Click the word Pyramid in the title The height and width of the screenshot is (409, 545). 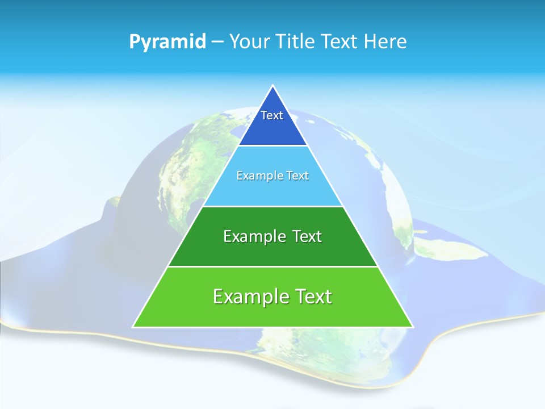tap(167, 42)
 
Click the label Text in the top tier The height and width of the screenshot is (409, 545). tap(272, 115)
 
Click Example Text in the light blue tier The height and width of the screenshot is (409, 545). tap(272, 176)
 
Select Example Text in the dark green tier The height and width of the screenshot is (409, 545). tap(272, 236)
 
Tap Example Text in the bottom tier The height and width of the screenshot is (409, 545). tap(272, 297)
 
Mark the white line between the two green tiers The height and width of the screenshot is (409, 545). tap(272, 266)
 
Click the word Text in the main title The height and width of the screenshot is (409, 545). tap(339, 41)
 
